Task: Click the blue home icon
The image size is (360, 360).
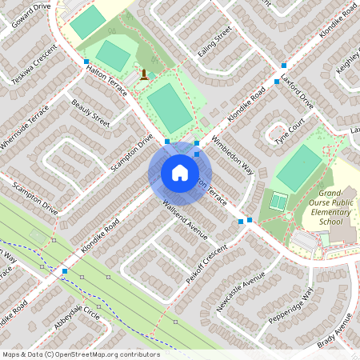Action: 180,173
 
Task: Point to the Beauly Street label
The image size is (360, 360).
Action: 90,113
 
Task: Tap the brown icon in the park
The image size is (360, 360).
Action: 143,75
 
